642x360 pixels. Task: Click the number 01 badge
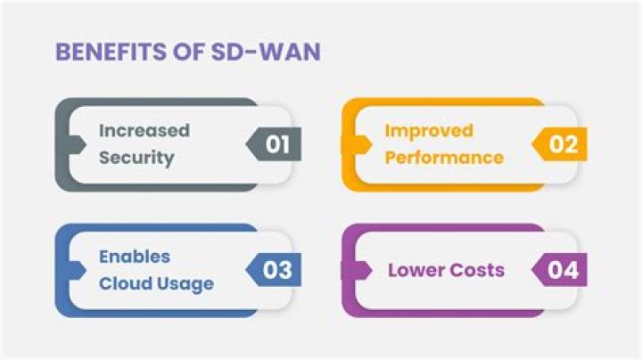(276, 144)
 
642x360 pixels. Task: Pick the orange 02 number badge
(562, 144)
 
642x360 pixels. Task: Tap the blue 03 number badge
(276, 270)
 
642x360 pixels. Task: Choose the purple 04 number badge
(562, 270)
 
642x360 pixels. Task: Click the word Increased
(144, 130)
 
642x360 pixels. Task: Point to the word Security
(136, 158)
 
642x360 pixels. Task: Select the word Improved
(429, 130)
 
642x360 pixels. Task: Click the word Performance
(444, 158)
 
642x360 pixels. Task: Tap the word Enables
(135, 257)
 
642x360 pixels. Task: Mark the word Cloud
(122, 284)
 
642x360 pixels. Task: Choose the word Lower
(414, 270)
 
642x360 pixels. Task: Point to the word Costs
(475, 270)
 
